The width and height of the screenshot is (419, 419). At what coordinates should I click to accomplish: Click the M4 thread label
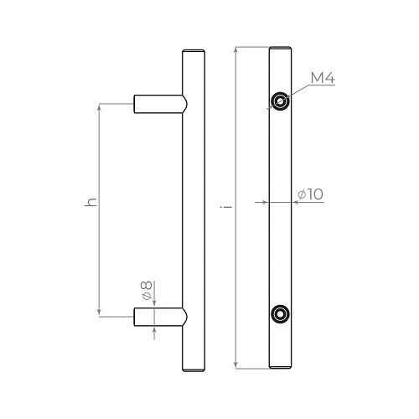323,80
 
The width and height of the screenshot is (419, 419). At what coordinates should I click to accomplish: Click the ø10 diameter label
310,194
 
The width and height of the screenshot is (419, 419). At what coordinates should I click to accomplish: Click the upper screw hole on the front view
278,102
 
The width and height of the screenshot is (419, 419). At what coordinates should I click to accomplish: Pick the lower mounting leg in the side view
159,317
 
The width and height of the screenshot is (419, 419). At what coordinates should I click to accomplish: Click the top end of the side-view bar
192,50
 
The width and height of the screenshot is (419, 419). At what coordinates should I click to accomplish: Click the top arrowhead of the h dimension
101,107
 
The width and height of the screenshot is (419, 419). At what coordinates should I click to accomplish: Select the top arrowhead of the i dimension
237,50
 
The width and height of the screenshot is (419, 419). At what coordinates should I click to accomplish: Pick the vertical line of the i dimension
237,268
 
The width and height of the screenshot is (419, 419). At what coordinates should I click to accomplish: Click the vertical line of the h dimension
101,251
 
